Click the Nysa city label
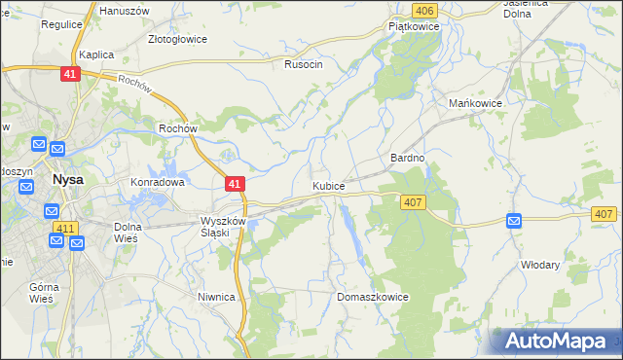tap(67, 180)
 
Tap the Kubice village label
tap(328, 185)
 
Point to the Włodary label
tap(540, 264)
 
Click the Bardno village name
tap(408, 158)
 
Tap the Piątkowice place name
tap(415, 27)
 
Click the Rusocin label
tap(303, 64)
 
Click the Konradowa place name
tap(158, 182)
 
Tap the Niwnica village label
tap(216, 298)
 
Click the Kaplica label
tap(97, 55)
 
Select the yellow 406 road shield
tap(422, 10)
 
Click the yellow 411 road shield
tap(65, 228)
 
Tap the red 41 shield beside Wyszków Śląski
tap(234, 183)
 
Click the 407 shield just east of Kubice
tap(412, 201)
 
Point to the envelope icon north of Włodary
tap(514, 223)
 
